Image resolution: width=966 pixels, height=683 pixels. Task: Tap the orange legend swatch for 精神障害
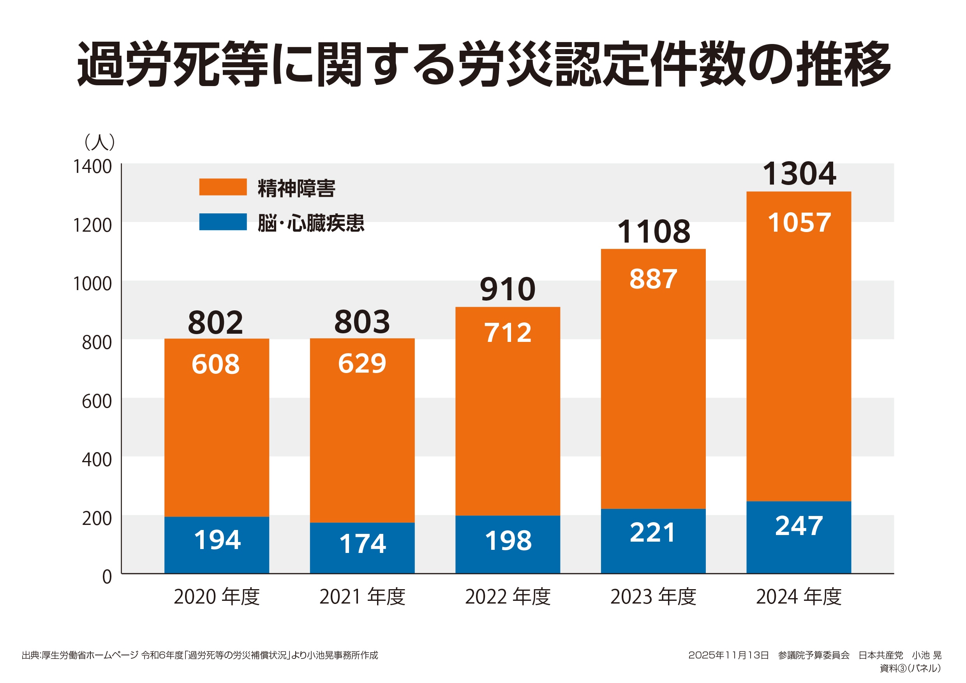coord(222,187)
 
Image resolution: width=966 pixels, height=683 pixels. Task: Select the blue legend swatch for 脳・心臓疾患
coord(222,222)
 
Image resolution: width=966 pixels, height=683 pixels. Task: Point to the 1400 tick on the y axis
coord(93,167)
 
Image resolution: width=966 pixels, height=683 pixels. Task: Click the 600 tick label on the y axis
coord(97,401)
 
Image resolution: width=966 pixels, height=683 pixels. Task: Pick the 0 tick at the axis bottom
coord(107,577)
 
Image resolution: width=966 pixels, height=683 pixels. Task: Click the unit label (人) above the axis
coord(100,142)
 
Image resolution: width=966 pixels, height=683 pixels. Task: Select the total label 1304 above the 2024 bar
coord(799,174)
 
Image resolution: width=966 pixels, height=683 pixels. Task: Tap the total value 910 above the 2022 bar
coord(508,289)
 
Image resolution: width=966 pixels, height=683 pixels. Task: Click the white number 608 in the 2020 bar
coord(215,364)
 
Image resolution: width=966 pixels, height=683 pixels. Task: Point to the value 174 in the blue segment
coord(362,543)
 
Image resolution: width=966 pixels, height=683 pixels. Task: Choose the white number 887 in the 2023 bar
coord(653,278)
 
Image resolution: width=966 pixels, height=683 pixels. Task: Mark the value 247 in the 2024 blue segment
coord(799,526)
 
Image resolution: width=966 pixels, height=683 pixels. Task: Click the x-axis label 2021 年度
coord(362,597)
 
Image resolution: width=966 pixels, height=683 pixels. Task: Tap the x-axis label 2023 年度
coord(653,597)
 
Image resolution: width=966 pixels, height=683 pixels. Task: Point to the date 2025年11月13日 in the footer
coord(728,655)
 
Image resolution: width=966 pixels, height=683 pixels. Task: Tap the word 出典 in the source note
coord(30,655)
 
